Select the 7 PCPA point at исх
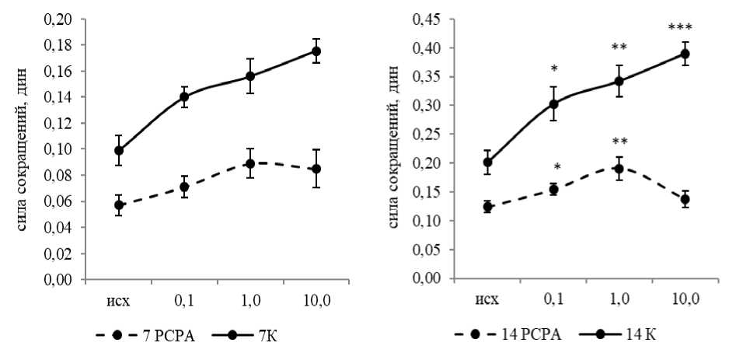[119, 205]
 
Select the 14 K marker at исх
[487, 163]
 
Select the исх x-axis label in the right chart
[487, 298]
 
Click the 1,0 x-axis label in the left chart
[250, 298]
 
